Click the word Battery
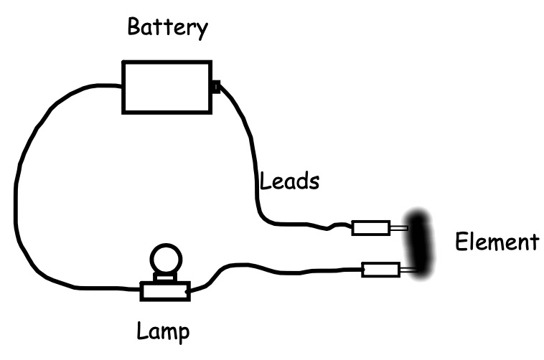tap(167, 29)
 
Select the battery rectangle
tap(167, 86)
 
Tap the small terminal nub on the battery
tap(215, 87)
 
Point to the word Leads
tap(289, 181)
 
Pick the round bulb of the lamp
tap(165, 258)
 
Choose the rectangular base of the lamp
tap(164, 291)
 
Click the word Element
tap(496, 242)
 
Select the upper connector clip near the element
tap(370, 229)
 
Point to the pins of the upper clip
tap(398, 229)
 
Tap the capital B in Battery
tap(133, 29)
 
